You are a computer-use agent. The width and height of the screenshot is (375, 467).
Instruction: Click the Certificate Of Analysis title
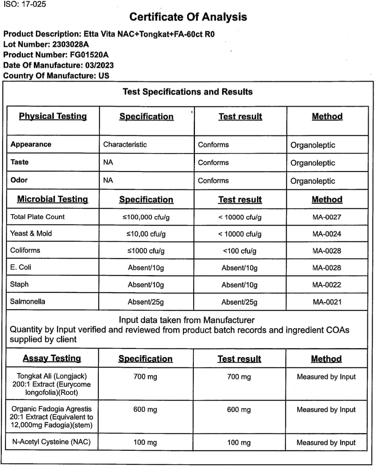188,17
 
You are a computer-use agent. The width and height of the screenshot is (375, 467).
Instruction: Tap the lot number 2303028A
70,45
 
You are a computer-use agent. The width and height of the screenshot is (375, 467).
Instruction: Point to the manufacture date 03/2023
99,65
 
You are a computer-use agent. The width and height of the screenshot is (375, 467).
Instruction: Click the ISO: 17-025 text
25,5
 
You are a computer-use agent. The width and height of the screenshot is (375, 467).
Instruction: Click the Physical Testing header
53,116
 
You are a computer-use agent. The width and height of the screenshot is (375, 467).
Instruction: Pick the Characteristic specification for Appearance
125,144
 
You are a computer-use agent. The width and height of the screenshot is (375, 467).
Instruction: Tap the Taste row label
19,162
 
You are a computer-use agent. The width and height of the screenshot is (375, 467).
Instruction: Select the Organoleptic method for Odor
312,181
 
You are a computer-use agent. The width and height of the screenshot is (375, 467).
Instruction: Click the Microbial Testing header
53,199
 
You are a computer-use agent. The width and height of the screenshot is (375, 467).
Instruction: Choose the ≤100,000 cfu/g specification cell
146,217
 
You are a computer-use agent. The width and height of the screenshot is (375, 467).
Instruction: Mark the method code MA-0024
327,234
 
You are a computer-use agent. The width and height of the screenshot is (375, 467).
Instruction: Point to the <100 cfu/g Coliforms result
239,251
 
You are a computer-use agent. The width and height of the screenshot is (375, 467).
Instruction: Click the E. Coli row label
20,267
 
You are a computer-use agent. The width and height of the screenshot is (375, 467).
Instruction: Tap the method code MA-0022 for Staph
327,285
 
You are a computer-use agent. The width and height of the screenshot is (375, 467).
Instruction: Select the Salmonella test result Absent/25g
239,302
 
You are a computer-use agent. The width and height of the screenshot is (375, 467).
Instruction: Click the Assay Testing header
52,359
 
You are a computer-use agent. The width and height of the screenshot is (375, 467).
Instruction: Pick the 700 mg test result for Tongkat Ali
239,377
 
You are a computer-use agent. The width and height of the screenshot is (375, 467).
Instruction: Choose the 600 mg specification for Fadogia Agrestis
145,409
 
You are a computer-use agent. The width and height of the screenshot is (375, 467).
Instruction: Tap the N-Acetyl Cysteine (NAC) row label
51,442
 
